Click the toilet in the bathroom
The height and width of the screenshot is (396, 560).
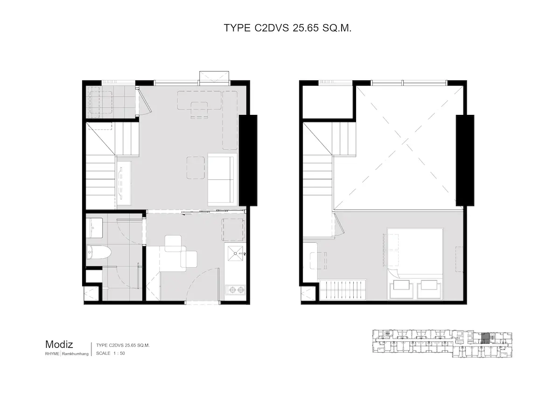click(98, 252)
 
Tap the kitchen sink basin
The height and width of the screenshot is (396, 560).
click(235, 253)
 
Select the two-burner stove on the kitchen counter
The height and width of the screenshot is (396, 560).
click(235, 290)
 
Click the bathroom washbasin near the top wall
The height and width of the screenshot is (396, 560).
click(94, 228)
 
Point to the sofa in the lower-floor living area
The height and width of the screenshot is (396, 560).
click(222, 179)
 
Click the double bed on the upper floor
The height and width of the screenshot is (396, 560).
click(415, 264)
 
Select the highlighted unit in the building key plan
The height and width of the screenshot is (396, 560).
click(485, 339)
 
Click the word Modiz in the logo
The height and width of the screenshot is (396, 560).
click(59, 345)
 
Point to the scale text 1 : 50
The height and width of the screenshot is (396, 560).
click(119, 353)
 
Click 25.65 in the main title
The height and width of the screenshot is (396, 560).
click(306, 28)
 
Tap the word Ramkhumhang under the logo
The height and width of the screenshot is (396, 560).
click(75, 354)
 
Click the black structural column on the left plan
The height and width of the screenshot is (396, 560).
click(248, 160)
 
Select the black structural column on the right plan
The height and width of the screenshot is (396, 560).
click(465, 160)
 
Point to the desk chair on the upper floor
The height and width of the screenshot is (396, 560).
click(318, 261)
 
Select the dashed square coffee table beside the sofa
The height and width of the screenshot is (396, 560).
click(196, 168)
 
